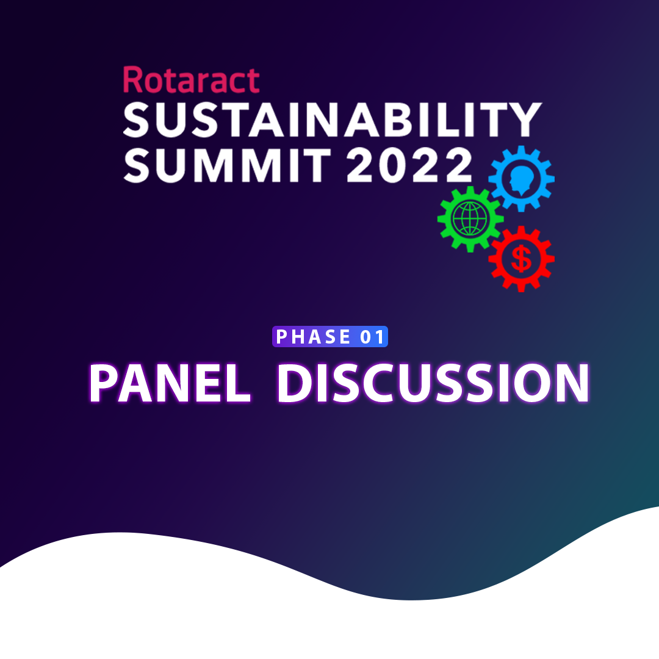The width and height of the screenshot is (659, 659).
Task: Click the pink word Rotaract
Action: coord(191,79)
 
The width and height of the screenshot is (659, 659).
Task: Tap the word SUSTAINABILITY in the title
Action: coord(333,120)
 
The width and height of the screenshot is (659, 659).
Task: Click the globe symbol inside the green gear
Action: coord(470,219)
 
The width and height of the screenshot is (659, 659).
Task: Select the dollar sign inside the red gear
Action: coord(521,259)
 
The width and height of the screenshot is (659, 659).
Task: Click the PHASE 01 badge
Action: coord(330,337)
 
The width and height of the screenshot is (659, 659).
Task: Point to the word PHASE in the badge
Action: coord(313,337)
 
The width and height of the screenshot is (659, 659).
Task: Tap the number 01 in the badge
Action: coord(372,337)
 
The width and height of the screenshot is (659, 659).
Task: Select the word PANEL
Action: coord(170,383)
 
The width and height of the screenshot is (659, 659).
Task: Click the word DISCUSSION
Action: coord(433,383)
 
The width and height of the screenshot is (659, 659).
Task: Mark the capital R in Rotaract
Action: coord(133,79)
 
